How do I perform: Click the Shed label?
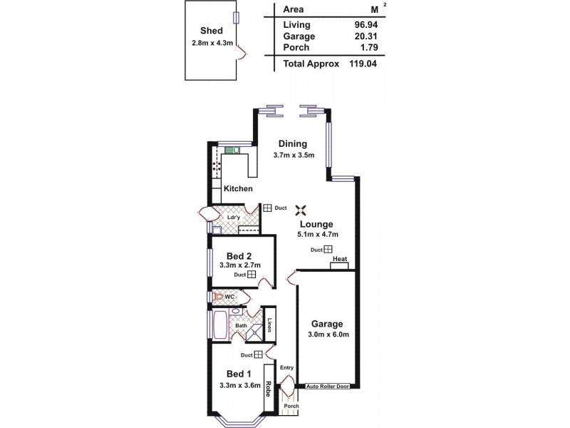tap(212, 31)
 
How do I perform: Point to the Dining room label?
tap(293, 143)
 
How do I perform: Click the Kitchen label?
tap(238, 188)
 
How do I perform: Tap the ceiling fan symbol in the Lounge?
tap(301, 209)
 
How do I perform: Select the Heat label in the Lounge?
tap(340, 259)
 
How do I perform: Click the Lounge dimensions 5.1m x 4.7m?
tap(316, 234)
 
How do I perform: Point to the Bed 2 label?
tap(240, 255)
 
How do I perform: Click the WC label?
tap(230, 297)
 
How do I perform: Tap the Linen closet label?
tap(270, 325)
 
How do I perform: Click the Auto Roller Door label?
tap(327, 387)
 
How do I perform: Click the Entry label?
tap(286, 367)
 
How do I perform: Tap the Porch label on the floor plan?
tap(291, 406)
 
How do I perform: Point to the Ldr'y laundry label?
tap(233, 218)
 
